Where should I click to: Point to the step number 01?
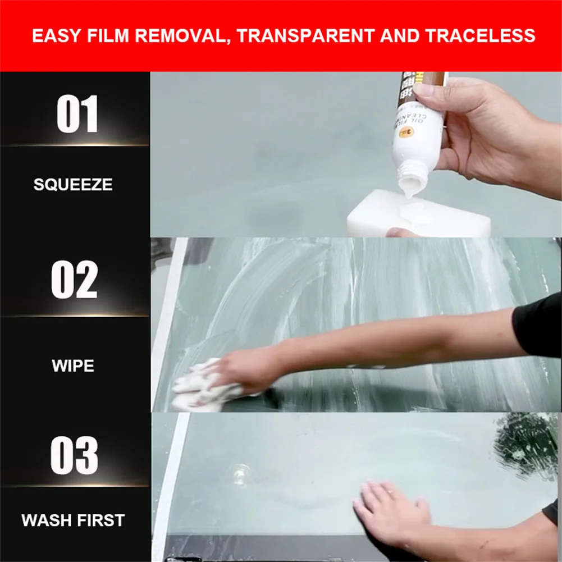(77, 114)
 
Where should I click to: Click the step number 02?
(75, 279)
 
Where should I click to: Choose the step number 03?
(74, 455)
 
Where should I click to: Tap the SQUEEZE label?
(73, 184)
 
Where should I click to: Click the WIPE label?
(73, 366)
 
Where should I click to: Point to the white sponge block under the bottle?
(418, 216)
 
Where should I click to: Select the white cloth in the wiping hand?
(199, 385)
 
